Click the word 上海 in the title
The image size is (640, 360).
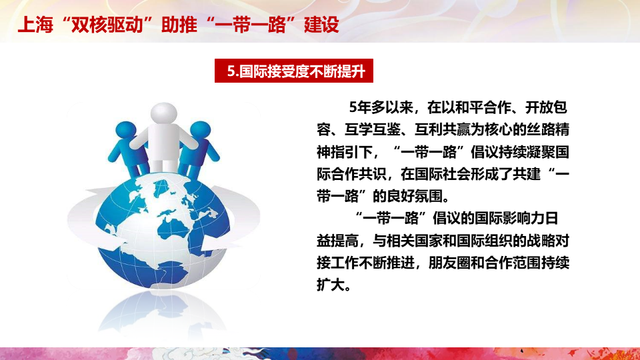(x=35, y=25)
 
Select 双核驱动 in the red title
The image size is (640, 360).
(x=107, y=25)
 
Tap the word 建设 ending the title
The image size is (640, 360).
(x=321, y=25)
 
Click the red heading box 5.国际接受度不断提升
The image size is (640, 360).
(x=294, y=71)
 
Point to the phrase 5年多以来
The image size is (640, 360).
(x=381, y=107)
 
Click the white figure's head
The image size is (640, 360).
(x=164, y=113)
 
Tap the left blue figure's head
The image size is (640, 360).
(x=126, y=131)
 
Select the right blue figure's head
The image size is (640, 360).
(x=201, y=131)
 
